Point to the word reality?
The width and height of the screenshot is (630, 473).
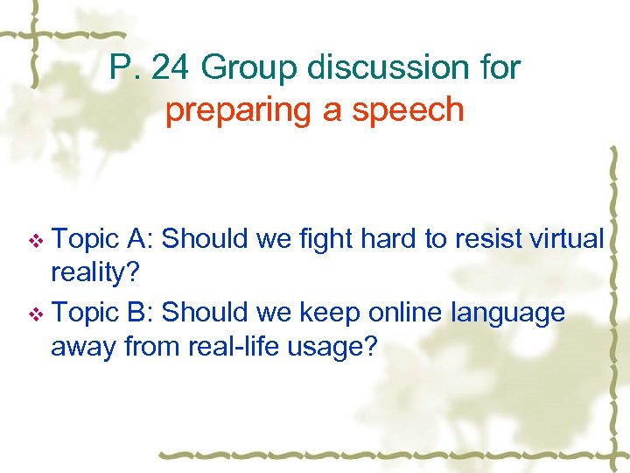(93, 273)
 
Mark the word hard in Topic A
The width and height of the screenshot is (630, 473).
(384, 238)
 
